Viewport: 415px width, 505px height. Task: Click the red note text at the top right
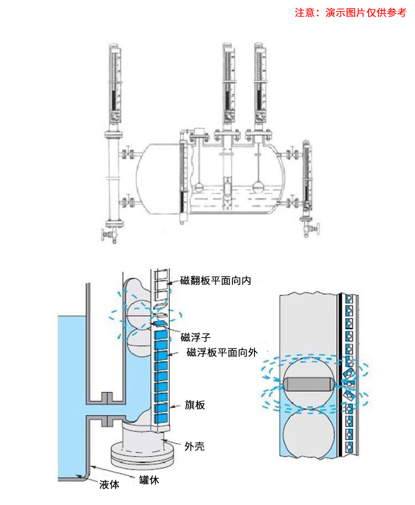(350, 13)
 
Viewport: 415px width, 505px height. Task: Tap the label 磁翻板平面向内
(216, 280)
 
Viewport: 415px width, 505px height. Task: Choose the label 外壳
(194, 446)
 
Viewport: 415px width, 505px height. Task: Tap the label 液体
(110, 485)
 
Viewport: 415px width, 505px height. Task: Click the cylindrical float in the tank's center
(227, 187)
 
